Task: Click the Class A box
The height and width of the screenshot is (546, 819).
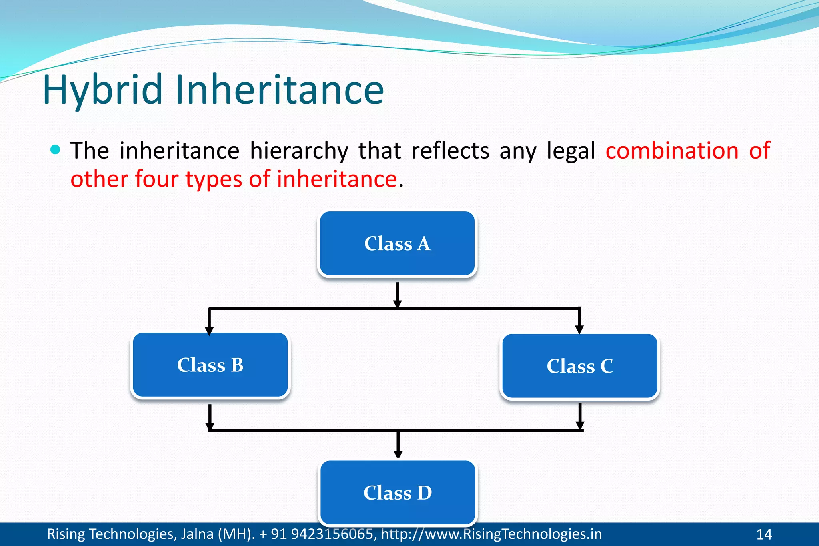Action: click(x=397, y=244)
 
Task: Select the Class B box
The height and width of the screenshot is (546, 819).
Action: click(x=210, y=365)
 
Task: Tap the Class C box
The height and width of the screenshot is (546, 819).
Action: click(x=579, y=366)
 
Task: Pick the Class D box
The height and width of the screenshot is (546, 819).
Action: click(x=398, y=492)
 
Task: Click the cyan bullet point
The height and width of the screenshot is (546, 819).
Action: click(x=56, y=150)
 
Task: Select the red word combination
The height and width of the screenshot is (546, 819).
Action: click(x=672, y=151)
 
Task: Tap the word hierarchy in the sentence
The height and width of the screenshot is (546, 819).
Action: click(x=299, y=151)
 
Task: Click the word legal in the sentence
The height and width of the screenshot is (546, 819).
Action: click(x=571, y=151)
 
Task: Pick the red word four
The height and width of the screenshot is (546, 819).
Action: click(x=156, y=179)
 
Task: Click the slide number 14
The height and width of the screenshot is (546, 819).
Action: click(x=764, y=534)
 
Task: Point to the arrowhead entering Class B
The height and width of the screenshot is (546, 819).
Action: click(x=209, y=331)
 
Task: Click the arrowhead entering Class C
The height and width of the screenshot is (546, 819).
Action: click(x=579, y=329)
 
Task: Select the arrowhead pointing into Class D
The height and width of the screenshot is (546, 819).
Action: click(x=398, y=454)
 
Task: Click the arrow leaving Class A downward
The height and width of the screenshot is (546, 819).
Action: click(x=397, y=294)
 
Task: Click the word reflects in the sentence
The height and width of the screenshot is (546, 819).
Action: click(x=450, y=151)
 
